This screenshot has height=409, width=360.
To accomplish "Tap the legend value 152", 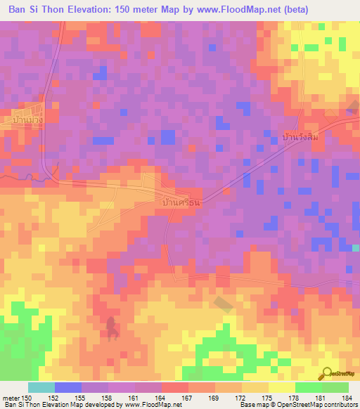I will pos(54,398).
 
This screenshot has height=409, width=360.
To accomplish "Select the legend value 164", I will pos(162,398).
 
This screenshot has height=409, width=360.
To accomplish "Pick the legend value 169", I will pos(216,398).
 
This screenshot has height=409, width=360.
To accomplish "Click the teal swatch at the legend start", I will pos(41,387).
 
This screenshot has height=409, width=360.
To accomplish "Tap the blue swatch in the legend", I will pos(67,387).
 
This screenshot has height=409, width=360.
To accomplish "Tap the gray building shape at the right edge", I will pos(354,106).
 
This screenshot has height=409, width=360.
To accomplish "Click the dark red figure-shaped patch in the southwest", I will pos(111,325).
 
